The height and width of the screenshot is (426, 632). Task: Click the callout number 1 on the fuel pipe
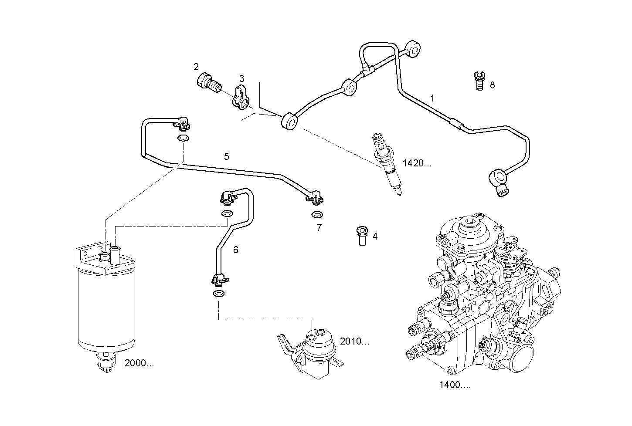point(432,98)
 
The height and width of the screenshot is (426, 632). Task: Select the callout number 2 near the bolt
point(196,67)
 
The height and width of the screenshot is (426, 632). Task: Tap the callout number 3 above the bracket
point(241,78)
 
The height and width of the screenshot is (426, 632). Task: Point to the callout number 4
point(375,236)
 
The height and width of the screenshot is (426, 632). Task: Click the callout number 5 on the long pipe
point(226,156)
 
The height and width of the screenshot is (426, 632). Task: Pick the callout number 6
point(235,250)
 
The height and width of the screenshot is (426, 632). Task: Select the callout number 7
point(319,227)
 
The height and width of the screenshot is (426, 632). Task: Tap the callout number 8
point(492,85)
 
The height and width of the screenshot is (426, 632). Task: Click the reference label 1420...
point(417,163)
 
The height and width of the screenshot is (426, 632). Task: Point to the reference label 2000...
point(139,363)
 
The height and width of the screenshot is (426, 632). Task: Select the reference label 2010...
point(354,341)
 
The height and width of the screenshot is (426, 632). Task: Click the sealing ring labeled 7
point(317,215)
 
